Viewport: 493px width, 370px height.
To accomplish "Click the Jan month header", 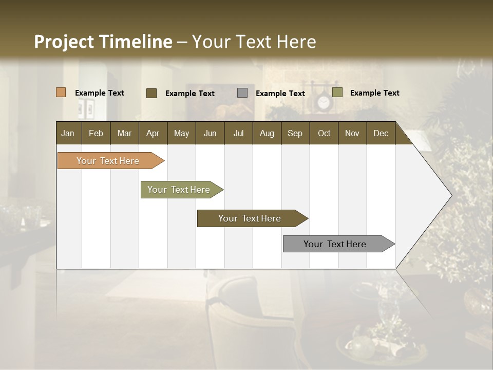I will [x=68, y=133].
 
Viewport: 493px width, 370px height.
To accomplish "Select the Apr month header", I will [x=153, y=133].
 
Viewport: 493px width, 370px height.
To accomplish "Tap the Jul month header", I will [x=238, y=133].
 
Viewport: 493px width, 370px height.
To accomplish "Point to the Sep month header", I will [x=295, y=133].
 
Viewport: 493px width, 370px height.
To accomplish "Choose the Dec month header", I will [x=381, y=133].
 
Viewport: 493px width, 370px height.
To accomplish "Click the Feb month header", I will [x=96, y=133].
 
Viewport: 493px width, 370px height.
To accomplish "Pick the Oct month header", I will [x=324, y=133].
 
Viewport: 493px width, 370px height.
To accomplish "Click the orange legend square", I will [x=61, y=92].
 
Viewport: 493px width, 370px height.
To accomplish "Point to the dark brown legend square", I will [x=151, y=93].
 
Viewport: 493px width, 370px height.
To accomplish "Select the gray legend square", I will [x=242, y=93].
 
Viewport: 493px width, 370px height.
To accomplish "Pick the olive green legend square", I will [x=337, y=92].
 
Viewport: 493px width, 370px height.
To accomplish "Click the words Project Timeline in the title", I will [x=103, y=42].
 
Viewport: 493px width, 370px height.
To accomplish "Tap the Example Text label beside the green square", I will [x=374, y=93].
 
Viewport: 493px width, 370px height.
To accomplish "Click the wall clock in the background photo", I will [x=323, y=103].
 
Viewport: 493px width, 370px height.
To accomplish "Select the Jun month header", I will [x=210, y=133].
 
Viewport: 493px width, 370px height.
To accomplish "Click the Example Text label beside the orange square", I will [x=100, y=93].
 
